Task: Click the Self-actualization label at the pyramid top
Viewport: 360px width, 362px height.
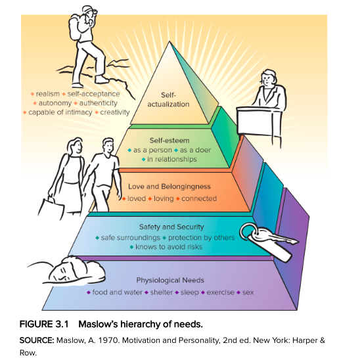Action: [168, 99]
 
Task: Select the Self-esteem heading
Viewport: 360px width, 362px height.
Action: [169, 141]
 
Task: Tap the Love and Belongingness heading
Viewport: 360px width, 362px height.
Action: [169, 187]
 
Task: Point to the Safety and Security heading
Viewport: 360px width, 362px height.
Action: [171, 227]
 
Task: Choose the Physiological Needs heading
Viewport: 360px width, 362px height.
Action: [170, 280]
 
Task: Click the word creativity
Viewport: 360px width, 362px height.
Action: [115, 112]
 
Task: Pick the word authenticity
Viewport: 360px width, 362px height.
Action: [99, 103]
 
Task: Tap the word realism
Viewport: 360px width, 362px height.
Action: [48, 94]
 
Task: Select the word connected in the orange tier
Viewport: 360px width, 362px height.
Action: [199, 198]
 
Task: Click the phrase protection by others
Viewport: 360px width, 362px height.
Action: [202, 238]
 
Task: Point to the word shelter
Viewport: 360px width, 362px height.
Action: [162, 292]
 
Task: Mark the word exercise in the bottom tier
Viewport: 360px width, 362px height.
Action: [221, 292]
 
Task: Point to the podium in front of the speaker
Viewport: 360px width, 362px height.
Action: [259, 120]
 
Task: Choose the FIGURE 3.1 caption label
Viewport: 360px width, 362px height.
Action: [44, 325]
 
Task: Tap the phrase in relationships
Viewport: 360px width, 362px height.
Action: [172, 159]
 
